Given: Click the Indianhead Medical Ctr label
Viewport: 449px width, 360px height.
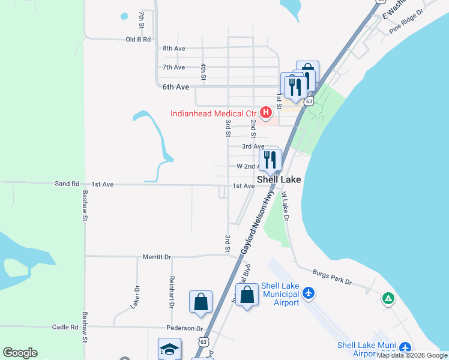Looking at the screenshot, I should click(x=213, y=113).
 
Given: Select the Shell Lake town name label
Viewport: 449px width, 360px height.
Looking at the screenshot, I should click(x=279, y=179).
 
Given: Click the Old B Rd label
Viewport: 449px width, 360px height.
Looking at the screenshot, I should click(x=137, y=39).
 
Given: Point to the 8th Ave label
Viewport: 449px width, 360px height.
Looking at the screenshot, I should click(x=173, y=48).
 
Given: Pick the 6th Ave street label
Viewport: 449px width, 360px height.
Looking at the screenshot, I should click(x=176, y=87).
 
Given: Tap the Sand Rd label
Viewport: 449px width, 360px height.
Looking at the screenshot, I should click(x=67, y=184).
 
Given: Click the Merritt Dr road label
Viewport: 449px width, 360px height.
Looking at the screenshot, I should click(x=157, y=257).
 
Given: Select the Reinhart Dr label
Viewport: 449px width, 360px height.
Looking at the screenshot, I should click(x=172, y=292).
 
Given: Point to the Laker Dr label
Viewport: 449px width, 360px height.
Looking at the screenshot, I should click(x=135, y=297).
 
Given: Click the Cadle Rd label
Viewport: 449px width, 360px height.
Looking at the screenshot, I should click(x=65, y=327).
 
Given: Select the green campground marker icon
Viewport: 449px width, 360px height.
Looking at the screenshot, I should click(x=388, y=298).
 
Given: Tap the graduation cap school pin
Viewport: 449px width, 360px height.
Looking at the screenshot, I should click(x=169, y=349).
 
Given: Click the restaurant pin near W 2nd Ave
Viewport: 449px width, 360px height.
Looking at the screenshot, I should click(x=270, y=160).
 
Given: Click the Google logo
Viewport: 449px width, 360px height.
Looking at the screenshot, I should click(x=20, y=353).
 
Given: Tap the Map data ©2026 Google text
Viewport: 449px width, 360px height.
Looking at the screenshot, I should click(x=412, y=355).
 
